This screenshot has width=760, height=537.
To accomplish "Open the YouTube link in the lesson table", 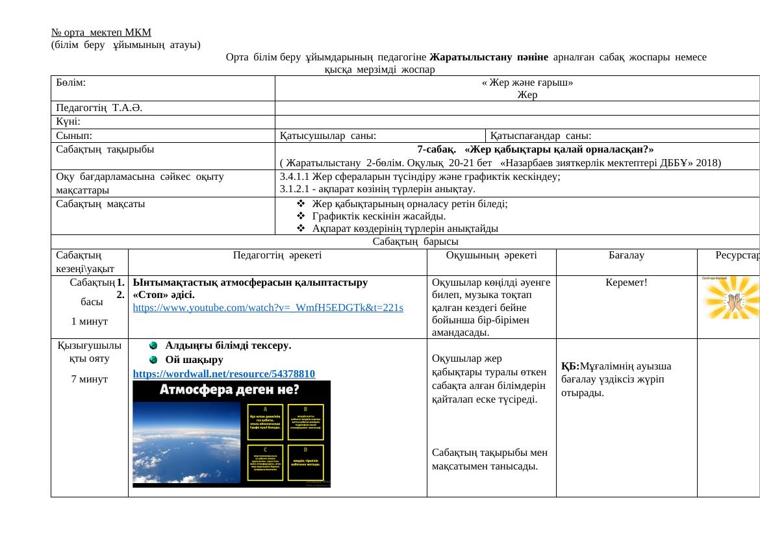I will click(x=268, y=308).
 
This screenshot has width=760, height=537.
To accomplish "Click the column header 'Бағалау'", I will click(x=626, y=255).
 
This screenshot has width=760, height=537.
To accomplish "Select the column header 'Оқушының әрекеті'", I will click(x=491, y=255).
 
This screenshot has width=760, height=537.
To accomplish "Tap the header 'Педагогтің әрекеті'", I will click(x=277, y=255).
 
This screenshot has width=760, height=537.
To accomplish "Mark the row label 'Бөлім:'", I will click(x=71, y=82).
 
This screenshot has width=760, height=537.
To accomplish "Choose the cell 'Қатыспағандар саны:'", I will click(x=540, y=136).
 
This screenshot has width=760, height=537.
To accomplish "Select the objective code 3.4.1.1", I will click(x=294, y=176).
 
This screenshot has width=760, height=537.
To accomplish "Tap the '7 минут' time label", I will click(x=90, y=379).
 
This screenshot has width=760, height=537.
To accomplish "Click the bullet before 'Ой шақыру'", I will click(x=153, y=359).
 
